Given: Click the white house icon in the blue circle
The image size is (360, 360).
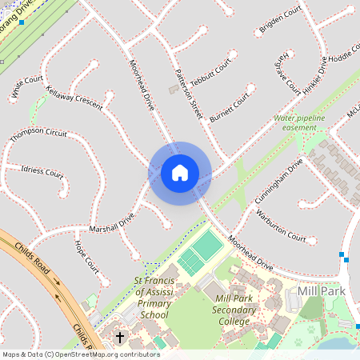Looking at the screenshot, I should click(x=180, y=173).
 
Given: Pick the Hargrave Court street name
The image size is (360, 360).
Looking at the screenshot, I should click(x=288, y=71).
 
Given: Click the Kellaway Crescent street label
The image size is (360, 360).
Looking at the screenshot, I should click(x=74, y=98).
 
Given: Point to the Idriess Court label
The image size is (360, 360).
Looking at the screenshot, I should click(x=42, y=171).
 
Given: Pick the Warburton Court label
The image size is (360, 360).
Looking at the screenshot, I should click(x=280, y=226).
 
